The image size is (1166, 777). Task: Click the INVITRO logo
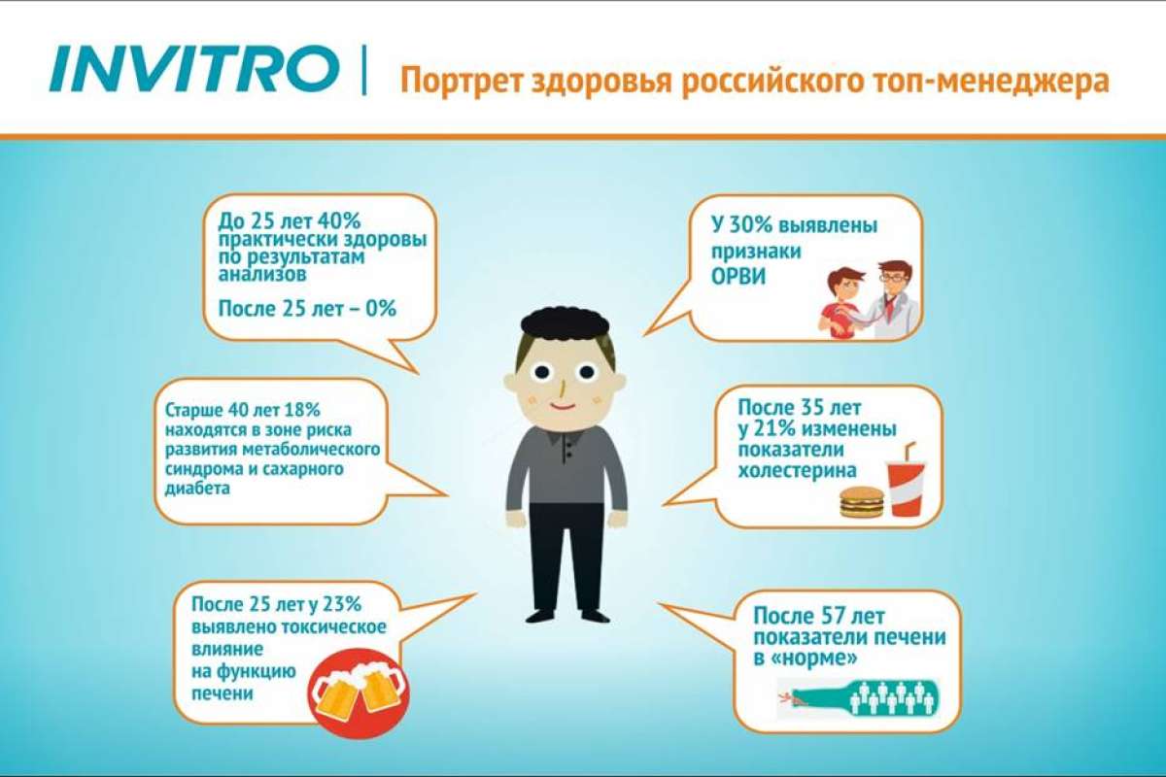(193, 69)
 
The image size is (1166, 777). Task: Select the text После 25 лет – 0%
(307, 309)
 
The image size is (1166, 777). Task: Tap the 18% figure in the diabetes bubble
(302, 410)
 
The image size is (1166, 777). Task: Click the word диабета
(197, 489)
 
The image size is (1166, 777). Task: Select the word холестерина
(797, 470)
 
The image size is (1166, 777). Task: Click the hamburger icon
(862, 502)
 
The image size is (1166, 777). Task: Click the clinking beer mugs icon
(359, 693)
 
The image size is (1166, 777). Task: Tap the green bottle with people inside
(859, 697)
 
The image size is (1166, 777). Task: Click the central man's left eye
(541, 372)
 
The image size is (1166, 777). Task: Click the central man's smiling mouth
(564, 406)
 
